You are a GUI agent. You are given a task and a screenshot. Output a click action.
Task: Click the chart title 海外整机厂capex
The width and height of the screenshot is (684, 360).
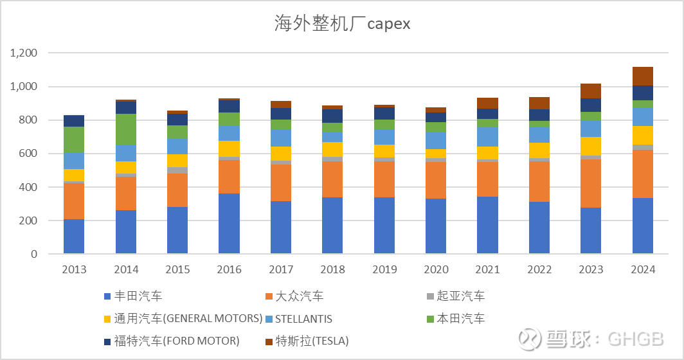[x=342, y=24]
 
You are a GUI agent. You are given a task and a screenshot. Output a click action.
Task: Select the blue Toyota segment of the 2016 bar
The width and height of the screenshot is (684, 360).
[x=229, y=224]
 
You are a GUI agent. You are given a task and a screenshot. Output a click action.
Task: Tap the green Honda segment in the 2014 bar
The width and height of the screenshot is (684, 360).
[x=126, y=129]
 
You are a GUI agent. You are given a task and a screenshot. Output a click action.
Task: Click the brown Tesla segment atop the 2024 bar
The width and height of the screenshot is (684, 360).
[x=642, y=76]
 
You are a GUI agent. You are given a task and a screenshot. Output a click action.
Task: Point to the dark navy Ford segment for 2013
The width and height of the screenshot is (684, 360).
[x=74, y=121]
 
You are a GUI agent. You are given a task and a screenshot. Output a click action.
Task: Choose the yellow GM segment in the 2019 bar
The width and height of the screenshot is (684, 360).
[x=384, y=151]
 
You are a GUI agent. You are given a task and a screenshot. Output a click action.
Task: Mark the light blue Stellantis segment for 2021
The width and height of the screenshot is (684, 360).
[x=487, y=136]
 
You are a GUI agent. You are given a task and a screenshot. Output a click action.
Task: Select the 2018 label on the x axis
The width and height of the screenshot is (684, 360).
[x=332, y=270]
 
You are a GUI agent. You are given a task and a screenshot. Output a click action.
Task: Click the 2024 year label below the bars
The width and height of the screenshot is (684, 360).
[x=642, y=270]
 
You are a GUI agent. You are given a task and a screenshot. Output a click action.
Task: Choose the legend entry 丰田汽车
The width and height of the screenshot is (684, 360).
[x=138, y=296]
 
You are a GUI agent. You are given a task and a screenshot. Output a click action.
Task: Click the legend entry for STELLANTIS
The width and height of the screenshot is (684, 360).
[x=303, y=319]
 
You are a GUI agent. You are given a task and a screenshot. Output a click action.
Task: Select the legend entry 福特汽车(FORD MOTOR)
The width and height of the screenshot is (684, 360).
[x=176, y=341]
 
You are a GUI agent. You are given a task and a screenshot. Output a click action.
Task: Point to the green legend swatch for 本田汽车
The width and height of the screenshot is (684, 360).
[x=431, y=319]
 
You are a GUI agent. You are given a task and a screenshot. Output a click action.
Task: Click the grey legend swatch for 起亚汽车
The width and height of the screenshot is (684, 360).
[x=431, y=296]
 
